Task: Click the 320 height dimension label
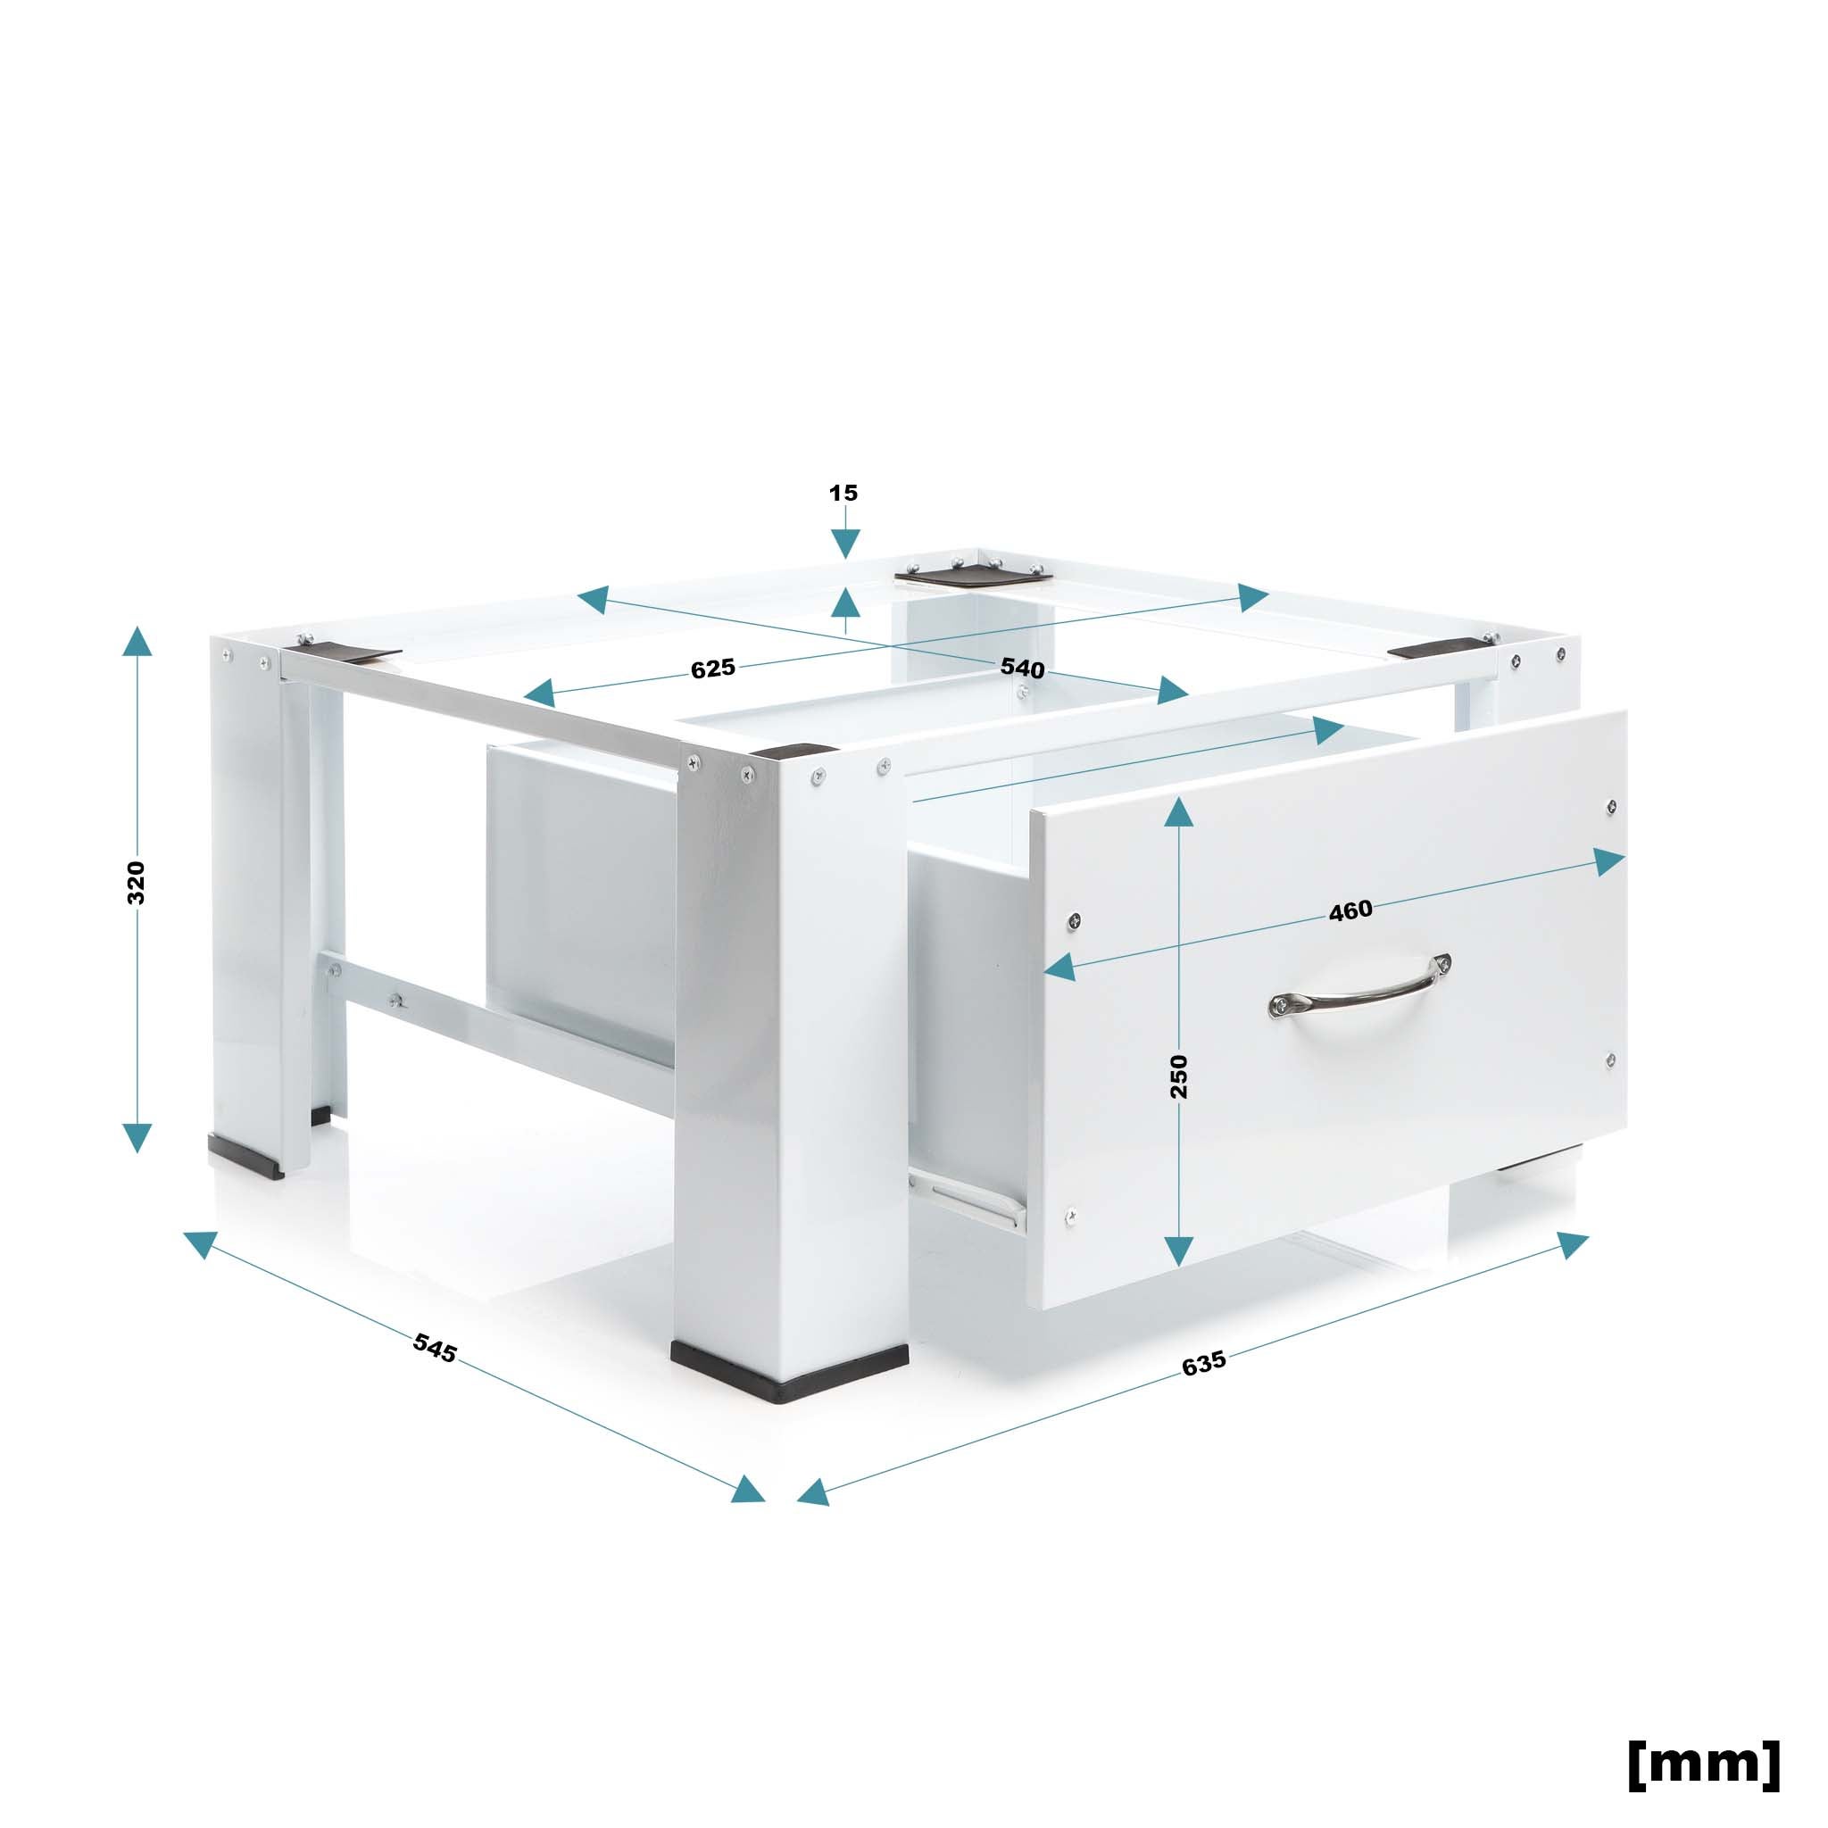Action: (137, 883)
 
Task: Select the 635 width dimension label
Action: (1203, 1362)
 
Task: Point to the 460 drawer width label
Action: (1350, 910)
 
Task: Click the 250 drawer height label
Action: (1179, 1076)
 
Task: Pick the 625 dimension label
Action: (712, 668)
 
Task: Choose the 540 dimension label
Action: (1023, 668)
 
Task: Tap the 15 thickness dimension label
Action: (843, 493)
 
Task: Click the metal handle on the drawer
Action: (1359, 988)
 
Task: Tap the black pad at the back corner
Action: (975, 573)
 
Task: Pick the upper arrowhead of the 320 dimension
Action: (137, 642)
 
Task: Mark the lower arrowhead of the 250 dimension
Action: (1179, 1251)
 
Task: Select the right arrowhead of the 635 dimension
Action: (1572, 1244)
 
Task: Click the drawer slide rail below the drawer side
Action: (970, 1195)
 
